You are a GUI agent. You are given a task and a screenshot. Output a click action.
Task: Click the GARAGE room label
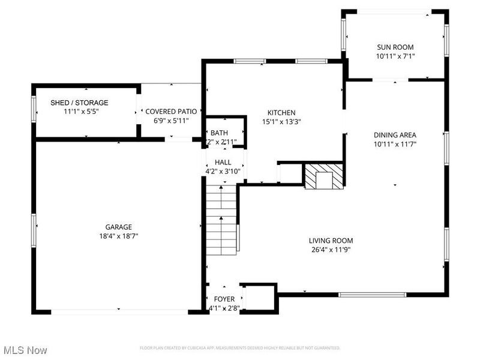(x=118, y=227)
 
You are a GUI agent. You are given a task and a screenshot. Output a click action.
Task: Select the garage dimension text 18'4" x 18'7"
(x=118, y=236)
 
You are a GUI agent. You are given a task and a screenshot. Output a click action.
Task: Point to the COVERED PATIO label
(x=171, y=112)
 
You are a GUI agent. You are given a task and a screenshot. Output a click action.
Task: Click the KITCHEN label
(x=281, y=112)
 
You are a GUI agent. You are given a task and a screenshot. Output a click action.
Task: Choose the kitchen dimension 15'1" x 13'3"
(x=281, y=121)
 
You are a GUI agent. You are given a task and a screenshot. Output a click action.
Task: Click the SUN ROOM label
(x=395, y=47)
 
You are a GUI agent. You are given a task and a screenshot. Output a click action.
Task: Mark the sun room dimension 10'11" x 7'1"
(x=395, y=56)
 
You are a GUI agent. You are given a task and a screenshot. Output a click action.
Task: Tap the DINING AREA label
(x=395, y=135)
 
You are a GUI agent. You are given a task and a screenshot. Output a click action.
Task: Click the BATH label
(x=218, y=133)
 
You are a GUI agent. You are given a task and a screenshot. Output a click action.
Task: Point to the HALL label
(x=223, y=162)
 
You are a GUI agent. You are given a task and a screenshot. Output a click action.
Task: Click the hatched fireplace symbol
(x=324, y=176)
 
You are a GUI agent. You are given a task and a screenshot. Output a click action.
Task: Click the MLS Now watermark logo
(x=25, y=349)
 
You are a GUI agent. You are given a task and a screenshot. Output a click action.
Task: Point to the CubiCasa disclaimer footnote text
(x=240, y=348)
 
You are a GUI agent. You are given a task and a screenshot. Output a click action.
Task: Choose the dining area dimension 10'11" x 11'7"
(x=395, y=144)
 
